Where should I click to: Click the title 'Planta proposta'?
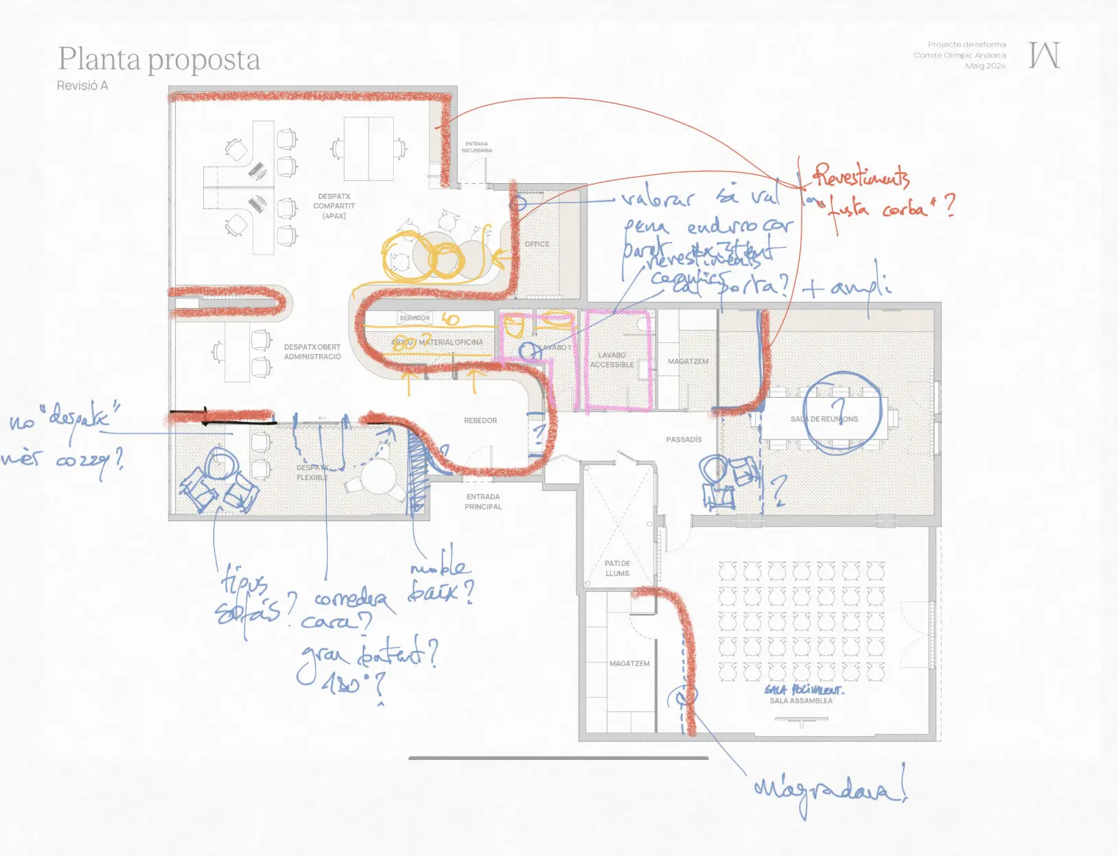pyautogui.click(x=159, y=60)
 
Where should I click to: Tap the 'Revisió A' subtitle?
pyautogui.click(x=82, y=86)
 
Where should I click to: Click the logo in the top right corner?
pyautogui.click(x=1044, y=55)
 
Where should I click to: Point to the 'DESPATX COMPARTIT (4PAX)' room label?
pyautogui.click(x=334, y=206)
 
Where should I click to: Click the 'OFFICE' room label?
pyautogui.click(x=537, y=244)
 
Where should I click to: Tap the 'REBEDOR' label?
pyautogui.click(x=480, y=420)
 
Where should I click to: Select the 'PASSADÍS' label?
pyautogui.click(x=684, y=440)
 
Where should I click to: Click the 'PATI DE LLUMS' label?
pyautogui.click(x=617, y=569)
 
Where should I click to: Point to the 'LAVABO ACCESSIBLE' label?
pyautogui.click(x=612, y=360)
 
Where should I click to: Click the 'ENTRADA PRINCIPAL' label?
pyautogui.click(x=483, y=501)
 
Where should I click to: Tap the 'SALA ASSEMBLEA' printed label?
pyautogui.click(x=801, y=701)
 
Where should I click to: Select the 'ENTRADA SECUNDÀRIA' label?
pyautogui.click(x=476, y=147)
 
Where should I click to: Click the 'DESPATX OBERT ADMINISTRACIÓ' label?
pyautogui.click(x=312, y=352)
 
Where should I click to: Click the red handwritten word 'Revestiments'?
pyautogui.click(x=862, y=177)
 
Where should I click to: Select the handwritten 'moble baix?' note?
pyautogui.click(x=441, y=580)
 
